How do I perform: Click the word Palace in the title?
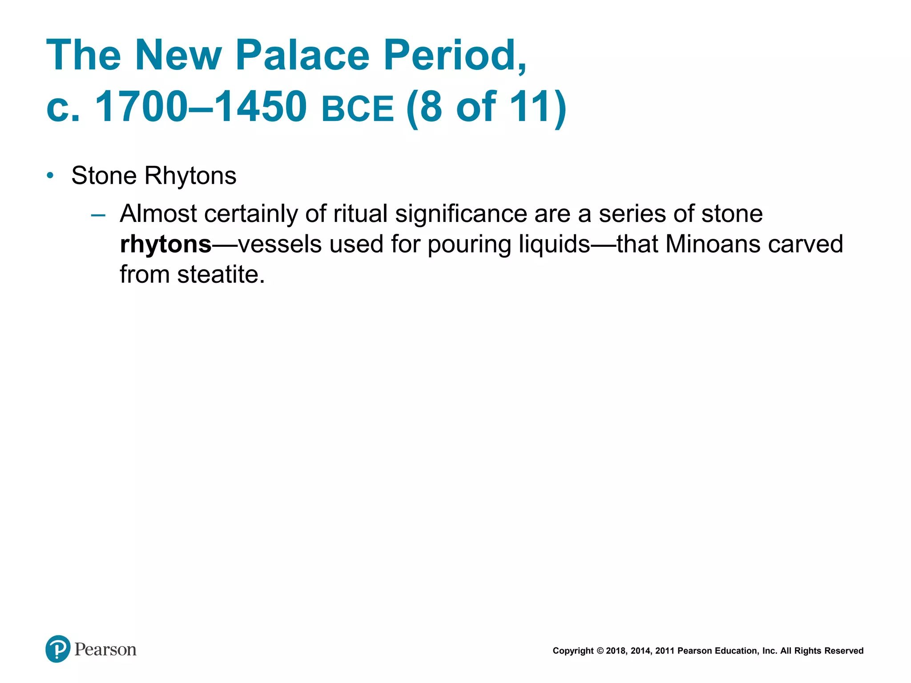click(x=302, y=55)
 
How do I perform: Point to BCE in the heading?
click(x=358, y=109)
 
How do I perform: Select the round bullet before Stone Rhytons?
click(x=50, y=176)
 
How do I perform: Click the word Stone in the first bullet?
click(x=104, y=176)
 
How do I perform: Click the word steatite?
click(x=221, y=274)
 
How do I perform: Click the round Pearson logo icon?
click(x=58, y=649)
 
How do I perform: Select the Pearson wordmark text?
click(x=105, y=650)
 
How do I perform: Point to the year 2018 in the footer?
click(x=616, y=651)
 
